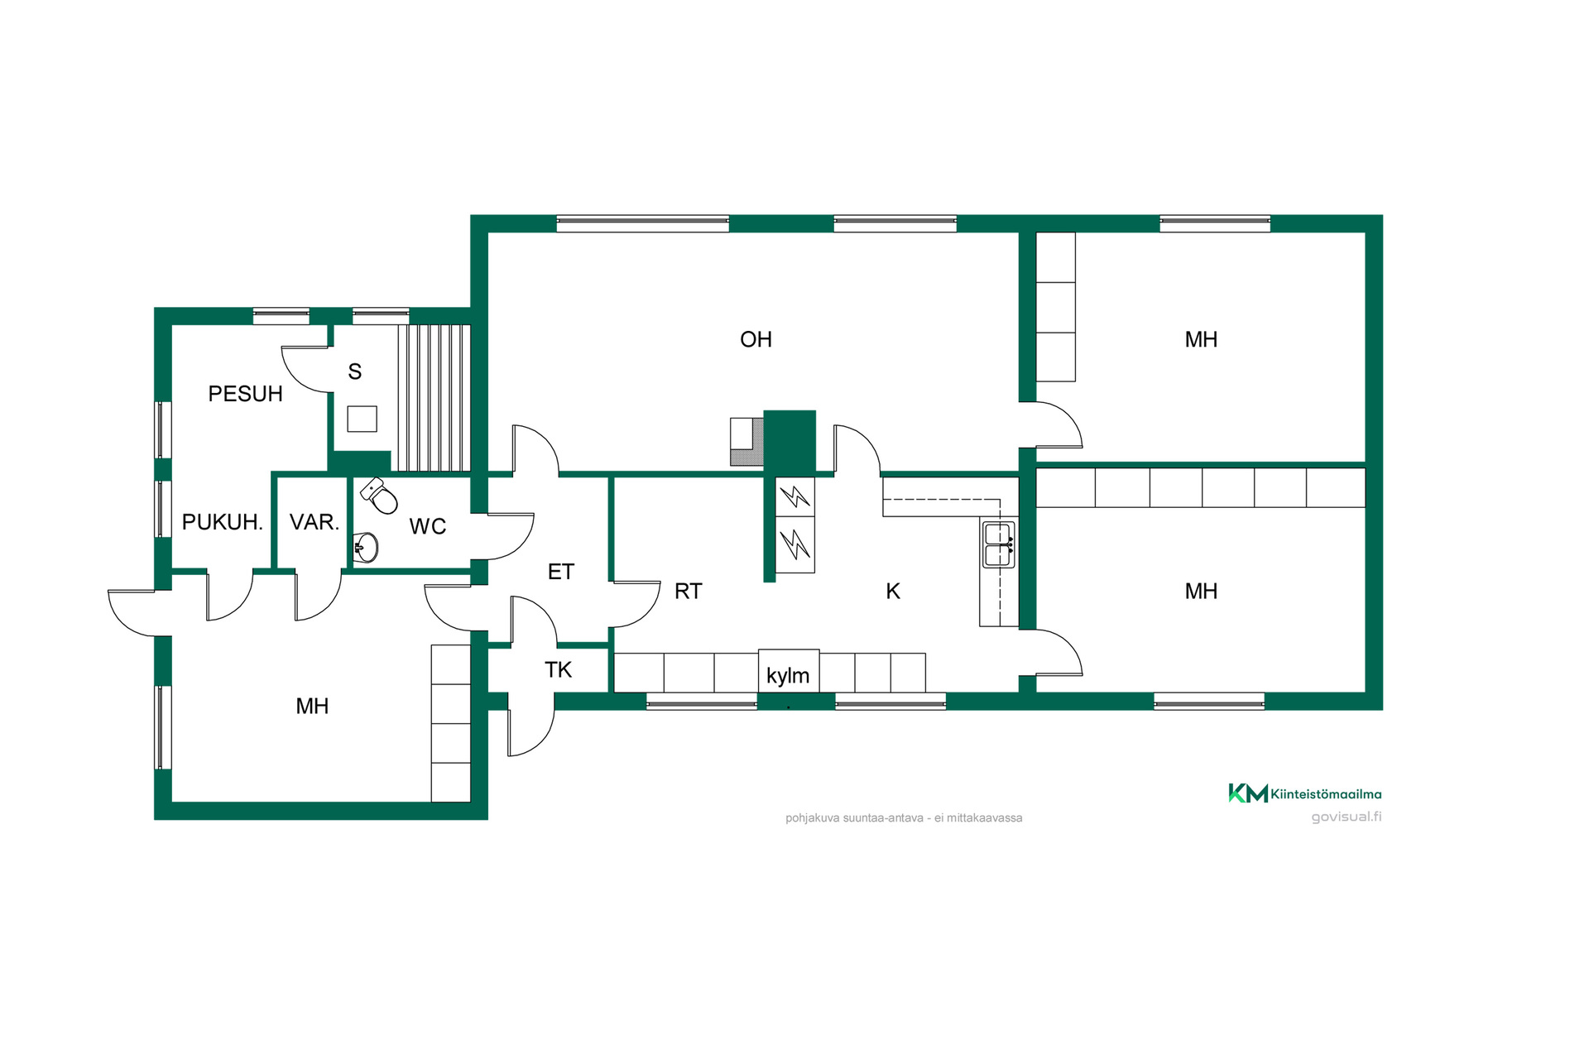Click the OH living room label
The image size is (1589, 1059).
[x=756, y=339]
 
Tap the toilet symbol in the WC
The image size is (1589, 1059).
[x=379, y=495]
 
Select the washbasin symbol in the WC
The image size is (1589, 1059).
[x=366, y=547]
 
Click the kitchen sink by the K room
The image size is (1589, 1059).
[x=999, y=544]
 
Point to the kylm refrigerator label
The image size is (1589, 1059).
[x=788, y=675]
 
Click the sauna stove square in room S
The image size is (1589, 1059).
[x=362, y=419]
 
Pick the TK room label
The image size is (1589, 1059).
[x=558, y=669]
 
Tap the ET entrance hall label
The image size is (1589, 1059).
[x=560, y=572]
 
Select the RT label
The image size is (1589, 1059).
[x=688, y=591]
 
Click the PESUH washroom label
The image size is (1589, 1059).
[x=245, y=394]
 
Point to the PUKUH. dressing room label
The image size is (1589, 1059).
[x=222, y=522]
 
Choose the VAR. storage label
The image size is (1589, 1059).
[x=314, y=522]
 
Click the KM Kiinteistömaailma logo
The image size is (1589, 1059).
[x=1305, y=793]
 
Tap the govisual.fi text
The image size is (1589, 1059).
[x=1347, y=817]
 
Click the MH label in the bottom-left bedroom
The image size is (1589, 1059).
[x=312, y=706]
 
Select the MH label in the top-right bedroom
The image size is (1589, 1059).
[x=1201, y=339]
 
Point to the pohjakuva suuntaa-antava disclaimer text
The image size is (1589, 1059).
[x=904, y=817]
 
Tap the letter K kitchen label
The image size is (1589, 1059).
[x=893, y=591]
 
